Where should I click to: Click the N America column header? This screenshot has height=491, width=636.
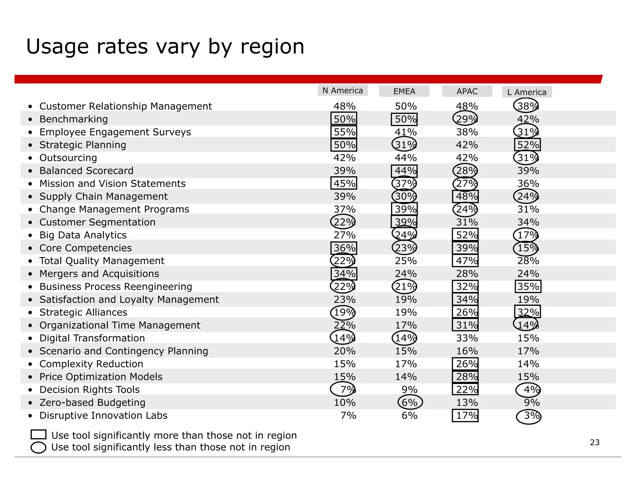pos(343,91)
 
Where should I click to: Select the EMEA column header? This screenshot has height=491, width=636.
pos(404,92)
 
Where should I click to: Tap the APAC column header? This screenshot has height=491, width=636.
pos(467,92)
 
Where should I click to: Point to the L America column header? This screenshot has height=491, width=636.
pos(527,92)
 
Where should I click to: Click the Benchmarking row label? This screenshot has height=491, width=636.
pos(74,119)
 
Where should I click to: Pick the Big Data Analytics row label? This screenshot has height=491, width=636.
pos(83,235)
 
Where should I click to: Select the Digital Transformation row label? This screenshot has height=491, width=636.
pos(92,338)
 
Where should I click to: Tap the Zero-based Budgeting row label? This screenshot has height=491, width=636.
pos(92,403)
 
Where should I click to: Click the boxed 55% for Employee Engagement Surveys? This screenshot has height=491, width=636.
pos(344,132)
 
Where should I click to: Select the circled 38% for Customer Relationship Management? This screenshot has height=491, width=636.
pos(526,106)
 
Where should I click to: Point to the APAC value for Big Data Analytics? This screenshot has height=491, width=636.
pos(465,235)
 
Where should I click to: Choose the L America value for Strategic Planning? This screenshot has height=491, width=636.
pos(528,145)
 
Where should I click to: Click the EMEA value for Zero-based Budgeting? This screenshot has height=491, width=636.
pos(410,403)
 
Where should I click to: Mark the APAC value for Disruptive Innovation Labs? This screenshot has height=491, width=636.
pos(465,416)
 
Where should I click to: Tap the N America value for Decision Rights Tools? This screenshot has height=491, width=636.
pos(343,390)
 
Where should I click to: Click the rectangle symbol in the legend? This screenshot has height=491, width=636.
pos(39,435)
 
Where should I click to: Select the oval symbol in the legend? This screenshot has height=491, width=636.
pos(39,448)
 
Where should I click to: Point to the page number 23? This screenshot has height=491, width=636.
pos(595,443)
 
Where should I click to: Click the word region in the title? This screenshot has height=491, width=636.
pos(272,47)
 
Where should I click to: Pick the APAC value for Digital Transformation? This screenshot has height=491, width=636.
pos(467,338)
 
